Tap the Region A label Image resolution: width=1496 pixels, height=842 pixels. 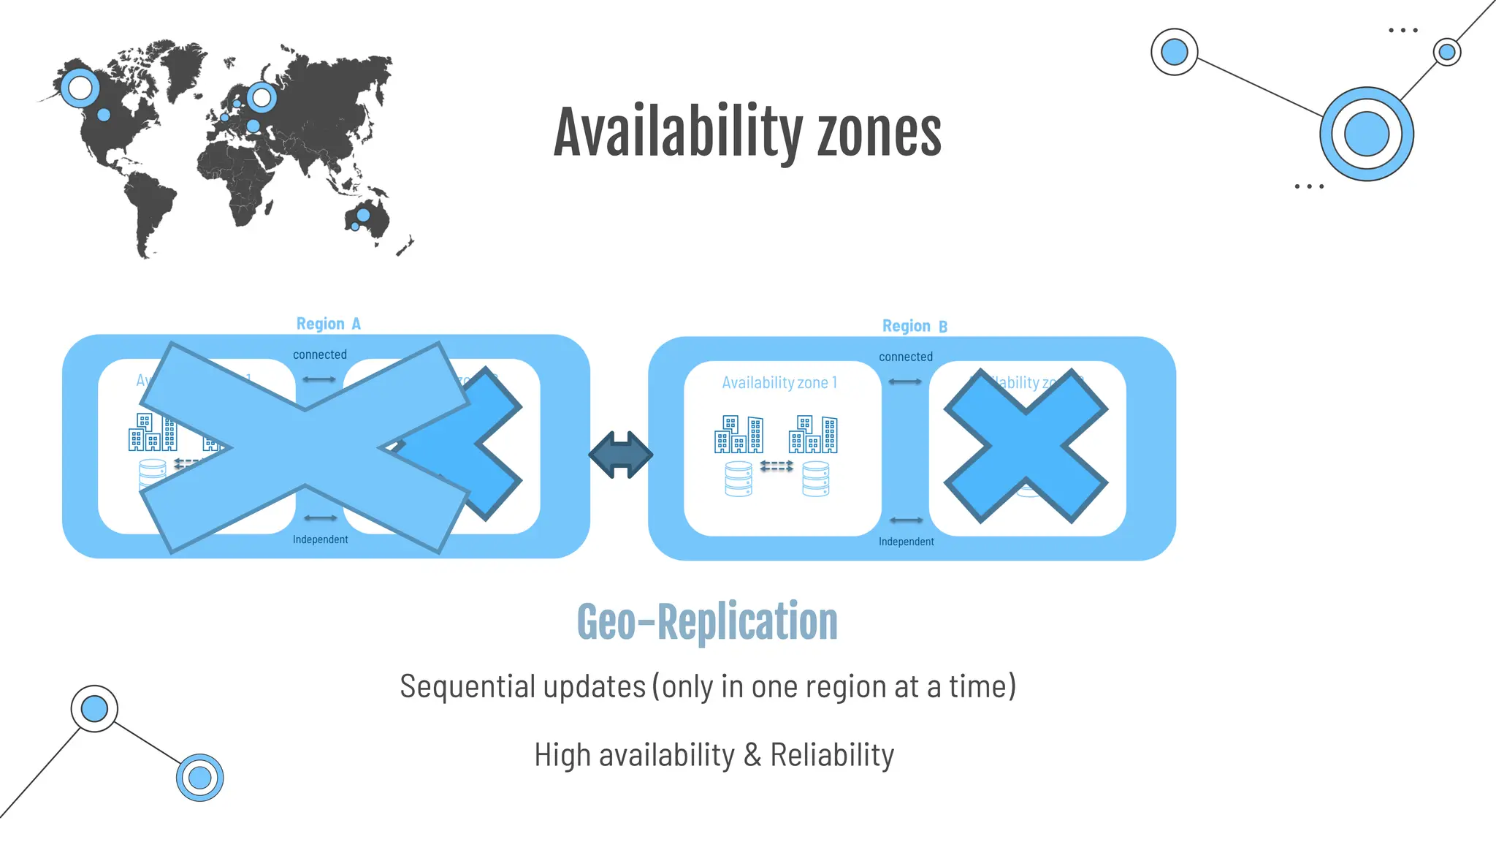[328, 324]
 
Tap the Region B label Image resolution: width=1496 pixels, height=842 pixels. [915, 326]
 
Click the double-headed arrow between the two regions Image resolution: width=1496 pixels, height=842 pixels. [620, 455]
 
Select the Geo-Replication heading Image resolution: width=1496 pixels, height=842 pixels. [707, 622]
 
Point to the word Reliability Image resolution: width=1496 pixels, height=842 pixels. [832, 755]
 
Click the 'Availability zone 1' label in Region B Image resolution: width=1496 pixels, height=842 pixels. [779, 382]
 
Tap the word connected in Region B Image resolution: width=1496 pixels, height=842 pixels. [906, 357]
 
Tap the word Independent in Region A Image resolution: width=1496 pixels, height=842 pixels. [320, 539]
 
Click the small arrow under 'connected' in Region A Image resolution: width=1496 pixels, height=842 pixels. [319, 379]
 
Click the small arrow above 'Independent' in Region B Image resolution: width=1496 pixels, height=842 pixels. [907, 520]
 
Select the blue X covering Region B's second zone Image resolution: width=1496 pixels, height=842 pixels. [1026, 446]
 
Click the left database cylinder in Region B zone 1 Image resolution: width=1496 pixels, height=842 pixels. [739, 479]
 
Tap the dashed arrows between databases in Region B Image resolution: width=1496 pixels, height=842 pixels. [776, 466]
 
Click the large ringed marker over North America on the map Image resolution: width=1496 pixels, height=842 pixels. [80, 88]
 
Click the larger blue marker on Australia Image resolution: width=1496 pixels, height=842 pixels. [363, 215]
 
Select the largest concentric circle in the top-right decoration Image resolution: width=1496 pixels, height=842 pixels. [1366, 134]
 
